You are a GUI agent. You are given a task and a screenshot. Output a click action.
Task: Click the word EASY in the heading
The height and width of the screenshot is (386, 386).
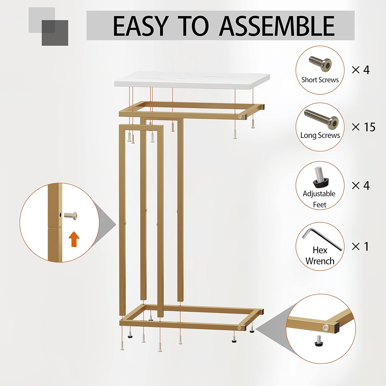141,26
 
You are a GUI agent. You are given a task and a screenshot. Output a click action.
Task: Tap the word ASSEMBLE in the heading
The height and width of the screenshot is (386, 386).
277,26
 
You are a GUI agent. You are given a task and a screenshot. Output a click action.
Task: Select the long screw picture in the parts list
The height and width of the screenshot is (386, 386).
321,119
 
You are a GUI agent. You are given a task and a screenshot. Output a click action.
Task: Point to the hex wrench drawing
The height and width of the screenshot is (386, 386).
322,239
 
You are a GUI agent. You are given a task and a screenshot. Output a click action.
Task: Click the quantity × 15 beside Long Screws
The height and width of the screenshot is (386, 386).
363,127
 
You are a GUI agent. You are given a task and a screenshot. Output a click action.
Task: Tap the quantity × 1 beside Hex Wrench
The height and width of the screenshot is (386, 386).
360,247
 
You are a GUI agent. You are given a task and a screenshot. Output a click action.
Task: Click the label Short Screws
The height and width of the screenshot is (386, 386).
320,80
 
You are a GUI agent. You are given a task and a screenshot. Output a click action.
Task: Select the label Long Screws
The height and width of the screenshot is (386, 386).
320,135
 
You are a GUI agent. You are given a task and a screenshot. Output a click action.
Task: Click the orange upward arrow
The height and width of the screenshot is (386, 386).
74,239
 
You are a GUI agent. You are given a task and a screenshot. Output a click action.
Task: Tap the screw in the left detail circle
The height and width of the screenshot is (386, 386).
71,215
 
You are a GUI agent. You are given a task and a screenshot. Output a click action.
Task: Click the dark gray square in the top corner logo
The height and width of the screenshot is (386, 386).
55,33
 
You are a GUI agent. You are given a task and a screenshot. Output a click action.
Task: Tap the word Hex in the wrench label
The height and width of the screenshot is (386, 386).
320,250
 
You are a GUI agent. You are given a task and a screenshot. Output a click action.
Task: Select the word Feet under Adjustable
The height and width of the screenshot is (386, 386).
320,205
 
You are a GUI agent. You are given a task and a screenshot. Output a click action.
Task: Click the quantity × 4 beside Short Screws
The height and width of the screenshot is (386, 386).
361,70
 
